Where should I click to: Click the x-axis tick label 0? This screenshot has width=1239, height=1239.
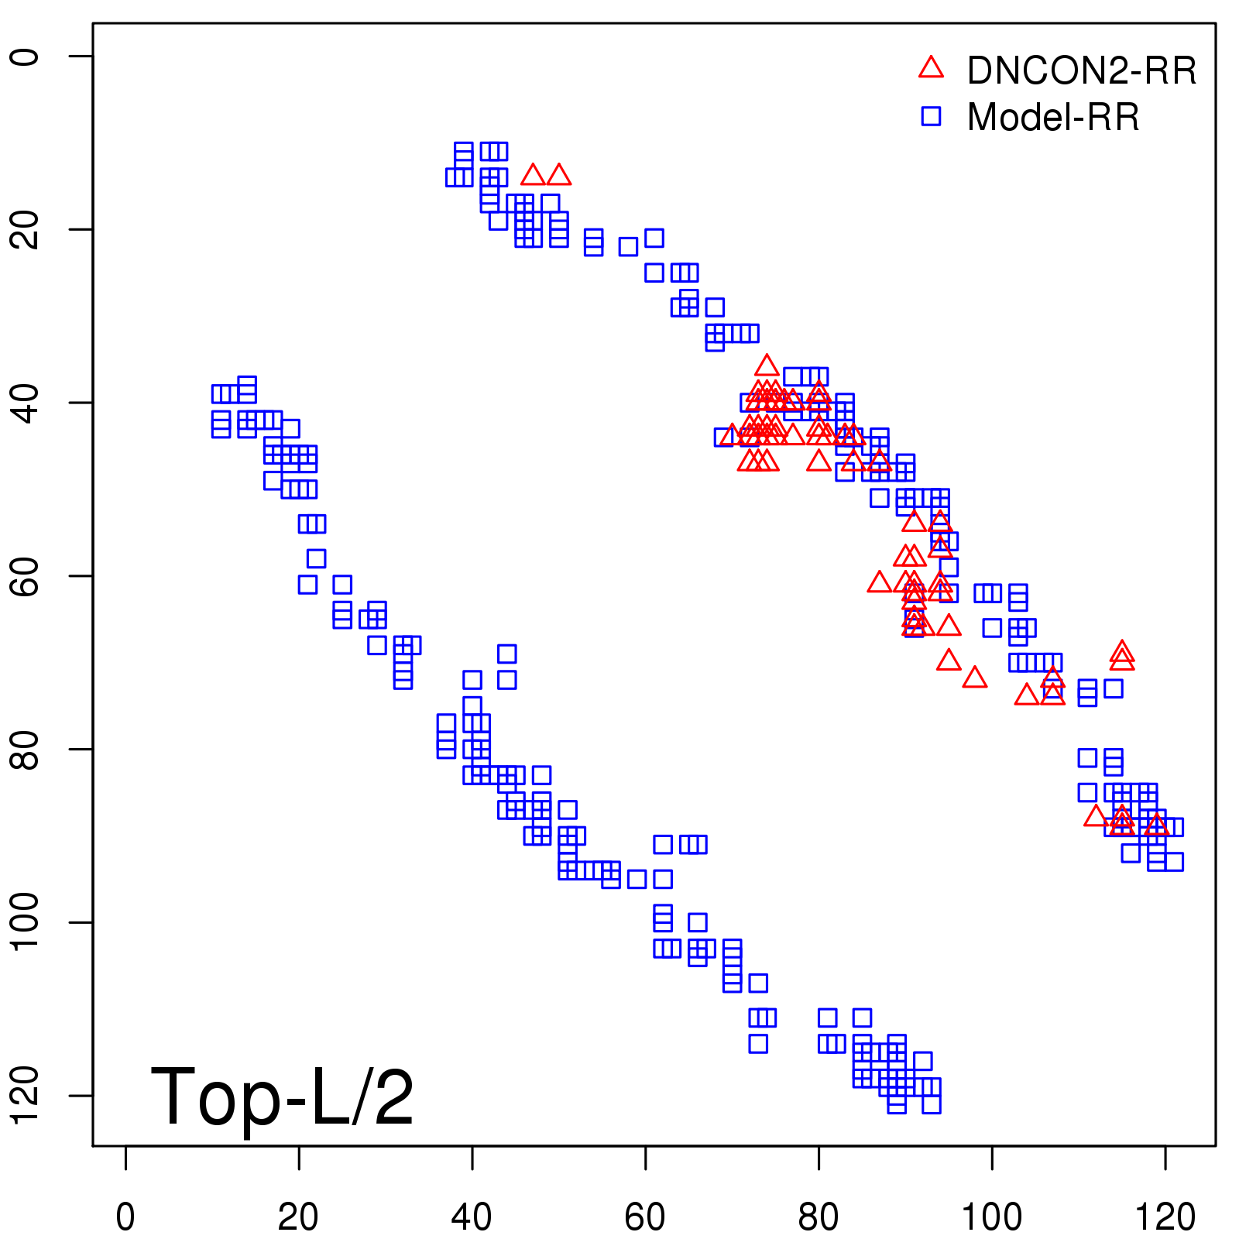tap(125, 1217)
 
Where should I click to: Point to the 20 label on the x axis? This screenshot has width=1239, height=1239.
tap(298, 1217)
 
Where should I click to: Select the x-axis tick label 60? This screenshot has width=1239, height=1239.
tap(645, 1217)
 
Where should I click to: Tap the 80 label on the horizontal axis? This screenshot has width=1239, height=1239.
tap(819, 1217)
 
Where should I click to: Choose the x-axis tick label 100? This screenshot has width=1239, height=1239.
tap(991, 1217)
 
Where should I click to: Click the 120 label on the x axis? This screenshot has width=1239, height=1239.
tap(1165, 1217)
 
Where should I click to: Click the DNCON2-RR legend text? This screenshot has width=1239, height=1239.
tap(1081, 70)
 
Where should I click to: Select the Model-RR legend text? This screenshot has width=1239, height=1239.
tap(1053, 118)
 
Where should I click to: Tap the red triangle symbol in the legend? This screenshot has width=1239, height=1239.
tap(931, 68)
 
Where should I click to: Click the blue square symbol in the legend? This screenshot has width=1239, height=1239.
tap(931, 116)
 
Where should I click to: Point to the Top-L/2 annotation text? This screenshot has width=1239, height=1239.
tap(282, 1097)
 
